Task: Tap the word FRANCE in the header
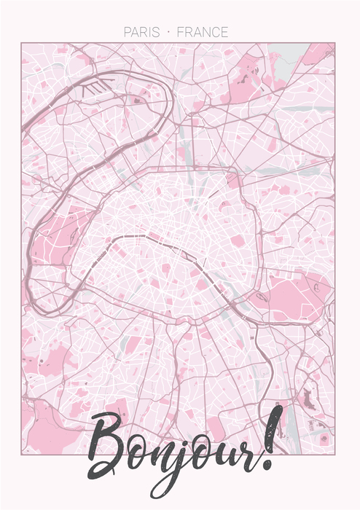tap(202, 33)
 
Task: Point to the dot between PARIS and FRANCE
tap(168, 33)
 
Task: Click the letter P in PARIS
tap(128, 33)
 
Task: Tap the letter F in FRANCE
tap(180, 33)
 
